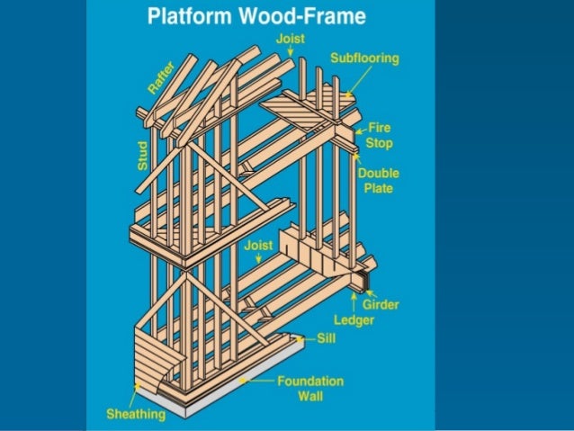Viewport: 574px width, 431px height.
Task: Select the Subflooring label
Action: click(x=364, y=58)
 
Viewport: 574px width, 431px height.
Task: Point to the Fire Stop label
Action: click(x=380, y=136)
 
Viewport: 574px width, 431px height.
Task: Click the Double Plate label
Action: click(x=379, y=180)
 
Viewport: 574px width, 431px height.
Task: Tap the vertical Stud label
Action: click(x=143, y=154)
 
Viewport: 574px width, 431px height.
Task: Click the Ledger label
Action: click(x=354, y=320)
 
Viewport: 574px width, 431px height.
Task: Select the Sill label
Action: click(x=327, y=339)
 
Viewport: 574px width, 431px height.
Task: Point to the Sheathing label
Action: click(x=136, y=414)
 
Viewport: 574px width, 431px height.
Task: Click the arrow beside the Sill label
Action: click(x=307, y=339)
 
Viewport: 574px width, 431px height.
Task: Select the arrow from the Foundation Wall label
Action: click(x=256, y=382)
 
